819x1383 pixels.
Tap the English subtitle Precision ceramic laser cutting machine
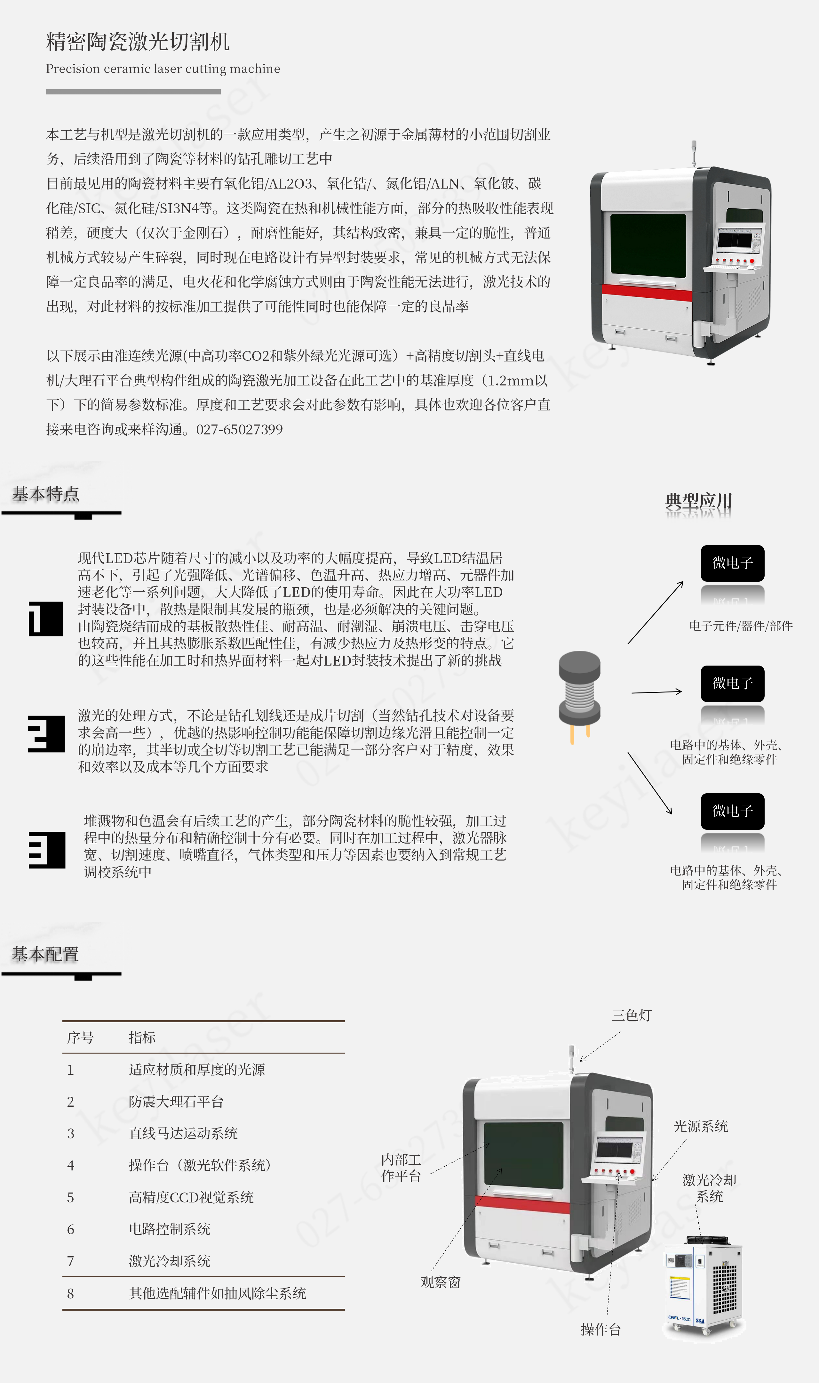click(163, 69)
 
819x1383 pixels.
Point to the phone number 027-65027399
click(240, 430)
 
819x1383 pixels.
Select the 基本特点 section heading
click(46, 494)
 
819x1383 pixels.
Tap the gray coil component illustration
click(579, 697)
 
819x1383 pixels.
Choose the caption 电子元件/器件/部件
click(741, 626)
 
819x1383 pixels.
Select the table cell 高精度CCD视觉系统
click(191, 1198)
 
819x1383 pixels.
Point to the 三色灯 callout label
click(631, 1015)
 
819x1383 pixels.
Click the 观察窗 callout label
click(441, 1282)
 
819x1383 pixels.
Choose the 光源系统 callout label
click(701, 1126)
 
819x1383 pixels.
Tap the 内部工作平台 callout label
click(401, 1168)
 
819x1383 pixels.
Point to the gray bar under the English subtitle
click(133, 92)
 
